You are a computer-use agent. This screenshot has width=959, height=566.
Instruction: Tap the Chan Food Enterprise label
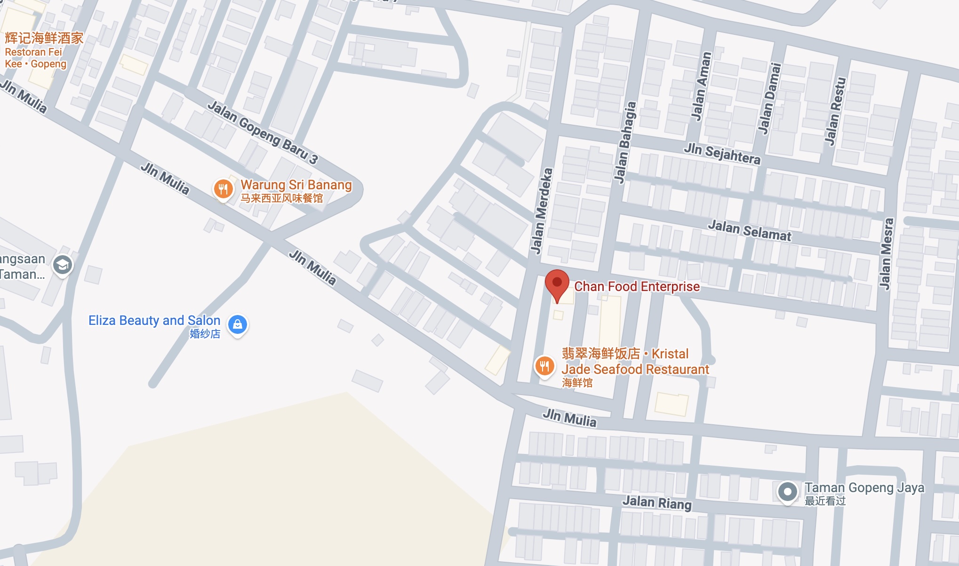(637, 286)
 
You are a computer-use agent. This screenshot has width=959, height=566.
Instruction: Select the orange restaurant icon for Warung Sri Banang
(224, 189)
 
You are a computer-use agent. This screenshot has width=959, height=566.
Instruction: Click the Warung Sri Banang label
(296, 185)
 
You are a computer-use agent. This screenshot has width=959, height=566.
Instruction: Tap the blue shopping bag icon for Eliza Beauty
(238, 324)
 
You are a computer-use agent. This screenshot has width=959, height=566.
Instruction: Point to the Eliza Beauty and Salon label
(154, 321)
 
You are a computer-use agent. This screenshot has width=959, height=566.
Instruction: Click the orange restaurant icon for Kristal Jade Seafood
(544, 365)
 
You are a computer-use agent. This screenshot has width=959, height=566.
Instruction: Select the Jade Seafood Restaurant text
(635, 369)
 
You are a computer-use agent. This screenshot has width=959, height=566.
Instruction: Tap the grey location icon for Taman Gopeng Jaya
(787, 492)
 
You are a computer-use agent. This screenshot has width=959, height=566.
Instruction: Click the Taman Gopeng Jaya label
(864, 488)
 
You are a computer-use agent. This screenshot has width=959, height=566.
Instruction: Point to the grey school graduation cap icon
(63, 265)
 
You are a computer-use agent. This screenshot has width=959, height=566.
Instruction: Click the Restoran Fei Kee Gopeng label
(35, 57)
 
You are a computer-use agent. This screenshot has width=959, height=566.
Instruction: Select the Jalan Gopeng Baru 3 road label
(263, 132)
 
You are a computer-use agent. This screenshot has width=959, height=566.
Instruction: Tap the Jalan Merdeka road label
(541, 210)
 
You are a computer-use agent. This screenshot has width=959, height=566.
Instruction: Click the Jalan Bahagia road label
(625, 142)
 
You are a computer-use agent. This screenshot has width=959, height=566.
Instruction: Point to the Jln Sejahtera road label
(722, 154)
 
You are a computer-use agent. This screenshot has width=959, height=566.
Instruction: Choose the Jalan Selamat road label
(750, 230)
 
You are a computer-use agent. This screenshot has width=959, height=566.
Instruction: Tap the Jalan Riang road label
(657, 502)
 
